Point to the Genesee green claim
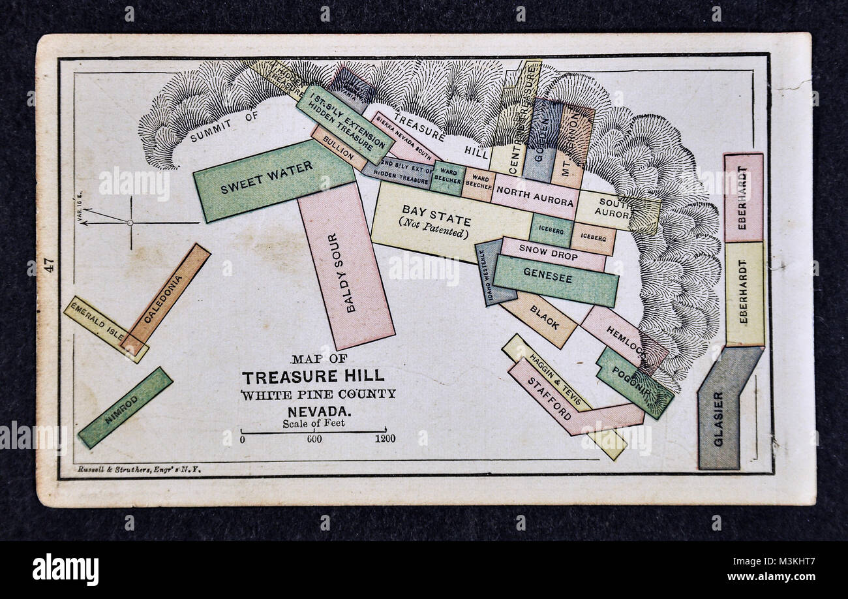(547, 279)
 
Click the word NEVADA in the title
(318, 412)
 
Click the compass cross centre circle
(130, 223)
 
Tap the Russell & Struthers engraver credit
(139, 468)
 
